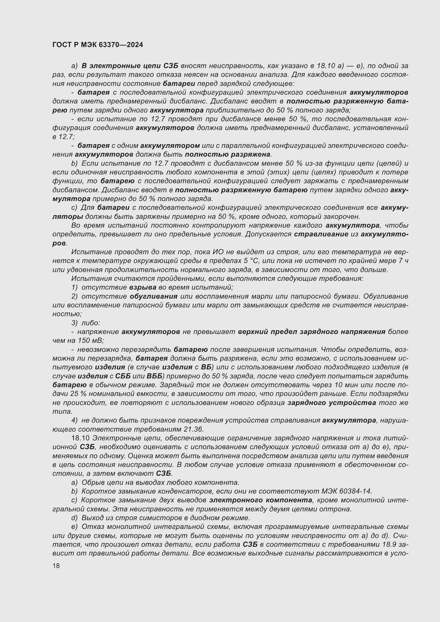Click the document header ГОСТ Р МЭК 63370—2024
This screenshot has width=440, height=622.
[98, 45]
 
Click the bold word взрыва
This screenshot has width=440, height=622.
[143, 287]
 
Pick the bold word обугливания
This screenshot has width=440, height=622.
[153, 296]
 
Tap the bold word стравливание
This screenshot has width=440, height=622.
[321, 234]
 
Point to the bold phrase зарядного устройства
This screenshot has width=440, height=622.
[332, 403]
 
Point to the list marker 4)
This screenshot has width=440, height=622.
[74, 420]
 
